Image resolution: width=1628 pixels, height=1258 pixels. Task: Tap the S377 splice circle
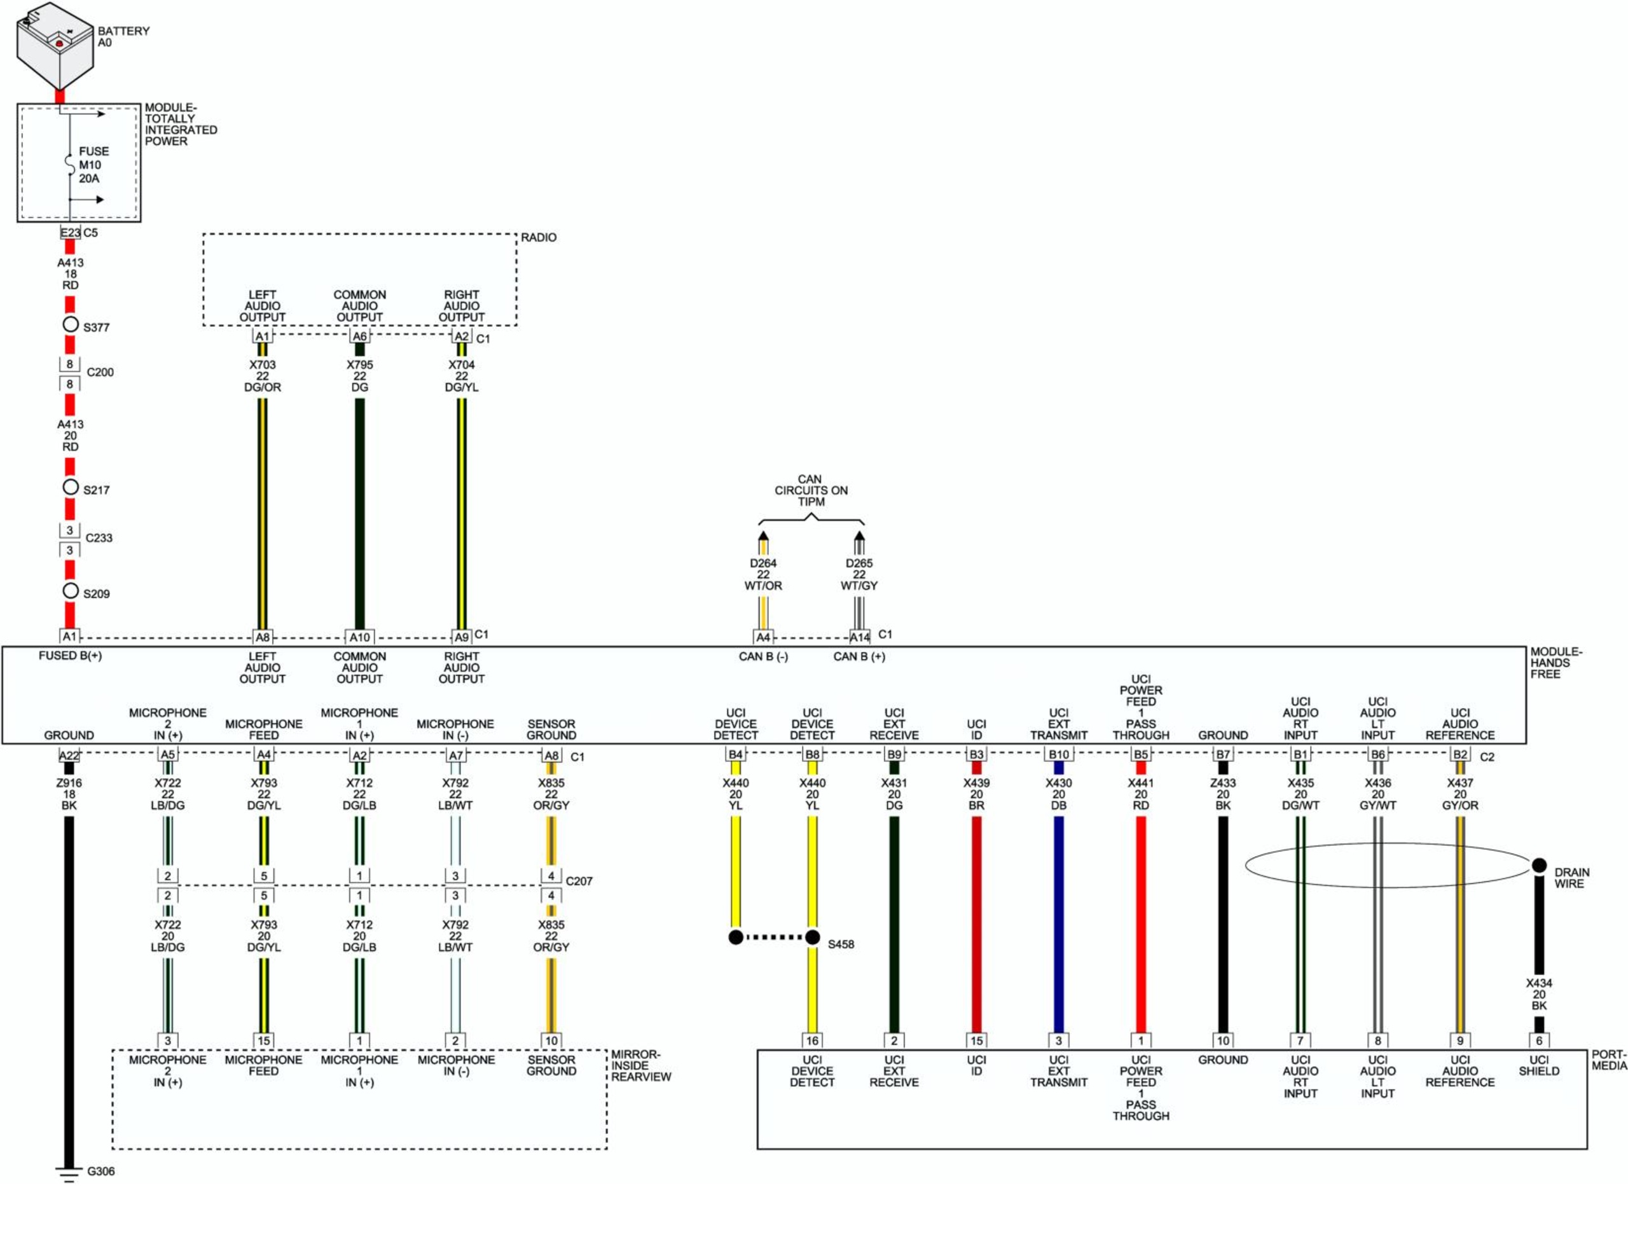pos(70,324)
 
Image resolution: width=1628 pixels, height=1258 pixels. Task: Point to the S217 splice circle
pos(70,487)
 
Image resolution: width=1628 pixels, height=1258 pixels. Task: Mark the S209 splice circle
pos(70,591)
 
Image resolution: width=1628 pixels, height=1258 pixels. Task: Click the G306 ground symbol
pos(69,1175)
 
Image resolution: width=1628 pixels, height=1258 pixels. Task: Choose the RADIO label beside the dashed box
pos(538,237)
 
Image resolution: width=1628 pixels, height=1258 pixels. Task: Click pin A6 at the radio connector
pos(359,336)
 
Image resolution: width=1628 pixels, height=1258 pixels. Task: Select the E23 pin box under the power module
pos(70,233)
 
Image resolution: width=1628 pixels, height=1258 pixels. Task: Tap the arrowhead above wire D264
pos(762,536)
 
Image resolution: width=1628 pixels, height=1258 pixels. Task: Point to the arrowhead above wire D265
pos(860,536)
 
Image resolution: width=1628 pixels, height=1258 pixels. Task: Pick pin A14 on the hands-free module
pos(860,637)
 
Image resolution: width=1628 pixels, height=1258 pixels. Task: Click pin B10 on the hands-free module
pos(1058,755)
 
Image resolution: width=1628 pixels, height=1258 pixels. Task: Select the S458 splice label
pos(841,944)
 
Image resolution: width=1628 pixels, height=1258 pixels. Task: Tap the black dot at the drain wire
pos(1540,865)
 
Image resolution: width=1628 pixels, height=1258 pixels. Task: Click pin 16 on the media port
pos(811,1040)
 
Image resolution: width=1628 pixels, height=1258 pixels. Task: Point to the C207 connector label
pos(579,881)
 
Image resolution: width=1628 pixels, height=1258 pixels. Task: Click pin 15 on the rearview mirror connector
pos(263,1040)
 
